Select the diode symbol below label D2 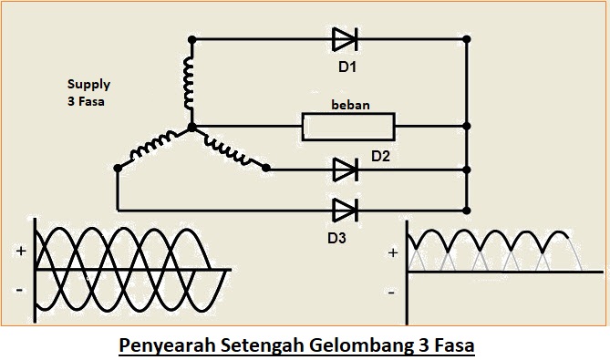345,169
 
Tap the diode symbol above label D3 345,210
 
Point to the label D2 380,157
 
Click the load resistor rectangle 349,126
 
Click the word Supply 88,84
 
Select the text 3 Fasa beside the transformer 86,102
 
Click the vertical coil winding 191,83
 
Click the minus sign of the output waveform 391,293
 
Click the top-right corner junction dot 467,39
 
